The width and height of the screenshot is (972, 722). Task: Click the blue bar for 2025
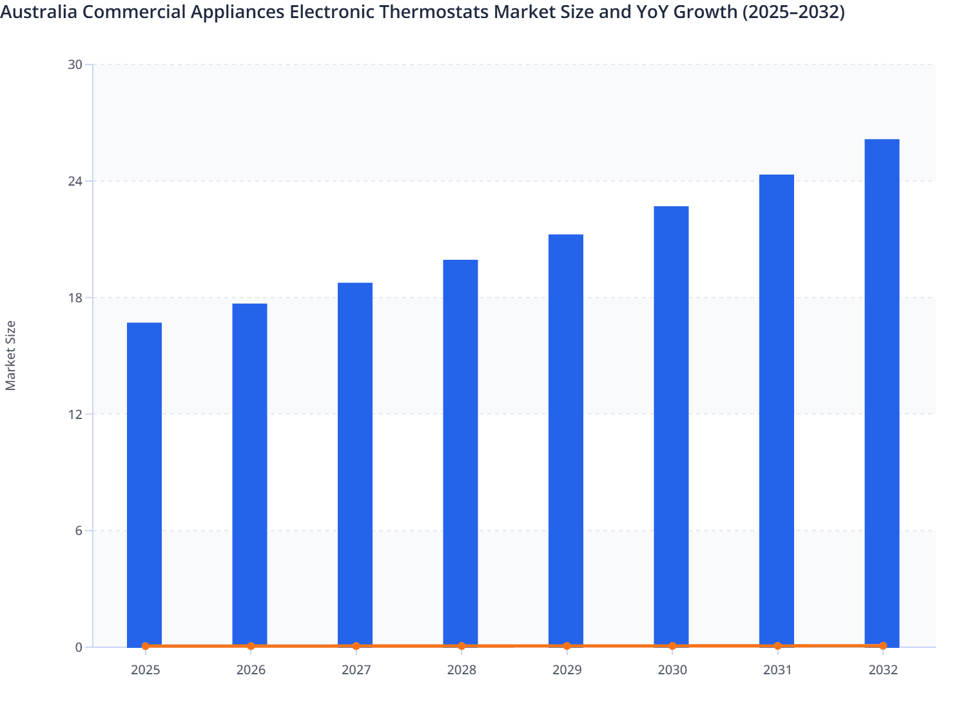click(x=144, y=483)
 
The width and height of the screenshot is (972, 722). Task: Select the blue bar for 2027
click(x=355, y=464)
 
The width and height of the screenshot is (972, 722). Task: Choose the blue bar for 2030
click(x=671, y=425)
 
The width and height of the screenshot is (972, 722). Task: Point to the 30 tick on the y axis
click(x=75, y=64)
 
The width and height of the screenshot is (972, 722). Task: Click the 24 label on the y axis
click(x=75, y=181)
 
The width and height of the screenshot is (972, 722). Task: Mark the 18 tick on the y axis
click(x=75, y=298)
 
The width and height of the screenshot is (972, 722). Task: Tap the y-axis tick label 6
click(x=78, y=531)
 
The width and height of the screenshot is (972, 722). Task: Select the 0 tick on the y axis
click(x=78, y=647)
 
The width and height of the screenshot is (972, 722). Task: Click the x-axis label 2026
click(x=251, y=670)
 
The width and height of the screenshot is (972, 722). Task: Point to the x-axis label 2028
click(x=462, y=670)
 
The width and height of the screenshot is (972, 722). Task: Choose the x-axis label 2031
click(x=777, y=670)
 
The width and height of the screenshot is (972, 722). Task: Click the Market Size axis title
click(x=11, y=355)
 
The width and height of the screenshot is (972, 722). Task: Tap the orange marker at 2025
click(x=145, y=646)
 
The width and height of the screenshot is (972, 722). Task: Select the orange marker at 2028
click(x=462, y=646)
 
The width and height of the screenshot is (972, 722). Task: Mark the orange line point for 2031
click(x=777, y=645)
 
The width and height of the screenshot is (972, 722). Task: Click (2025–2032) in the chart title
click(x=793, y=12)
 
